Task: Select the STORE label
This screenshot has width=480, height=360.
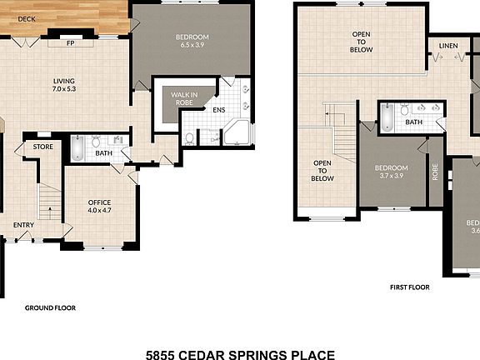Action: pyautogui.click(x=43, y=147)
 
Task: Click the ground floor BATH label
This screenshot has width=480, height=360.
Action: pyautogui.click(x=103, y=153)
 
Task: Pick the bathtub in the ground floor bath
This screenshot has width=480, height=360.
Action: pyautogui.click(x=76, y=149)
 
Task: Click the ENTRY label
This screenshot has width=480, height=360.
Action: pyautogui.click(x=23, y=225)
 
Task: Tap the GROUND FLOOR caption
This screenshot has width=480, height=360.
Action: pyautogui.click(x=50, y=307)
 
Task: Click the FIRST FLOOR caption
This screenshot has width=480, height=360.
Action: pyautogui.click(x=409, y=287)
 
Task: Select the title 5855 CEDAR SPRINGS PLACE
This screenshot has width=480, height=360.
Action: pyautogui.click(x=241, y=353)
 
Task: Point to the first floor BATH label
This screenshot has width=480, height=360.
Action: pyautogui.click(x=414, y=122)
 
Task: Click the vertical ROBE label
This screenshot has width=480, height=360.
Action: pyautogui.click(x=435, y=170)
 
